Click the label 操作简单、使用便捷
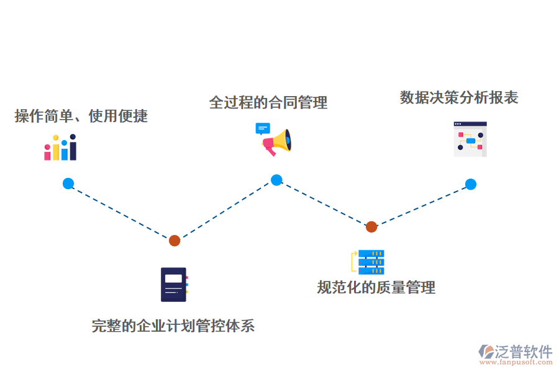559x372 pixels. point(81,116)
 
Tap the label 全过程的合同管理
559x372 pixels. point(268,102)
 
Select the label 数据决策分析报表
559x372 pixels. point(459,98)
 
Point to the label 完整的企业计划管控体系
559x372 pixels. point(173,325)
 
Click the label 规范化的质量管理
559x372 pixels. point(376,287)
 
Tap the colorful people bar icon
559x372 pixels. point(60,148)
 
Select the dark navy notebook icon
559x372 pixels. point(174,285)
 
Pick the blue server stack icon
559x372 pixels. point(370,262)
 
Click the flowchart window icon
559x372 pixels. point(470,139)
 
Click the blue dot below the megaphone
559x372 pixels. point(276,180)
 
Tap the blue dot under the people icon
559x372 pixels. point(68,184)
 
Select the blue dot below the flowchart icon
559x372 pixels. point(471,184)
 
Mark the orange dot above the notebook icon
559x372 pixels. point(175,241)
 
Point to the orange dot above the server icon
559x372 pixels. point(371,227)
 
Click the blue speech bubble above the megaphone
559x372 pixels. point(263,129)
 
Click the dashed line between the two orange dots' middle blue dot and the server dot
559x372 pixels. point(324,203)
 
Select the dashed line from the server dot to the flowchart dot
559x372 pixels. point(421,205)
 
